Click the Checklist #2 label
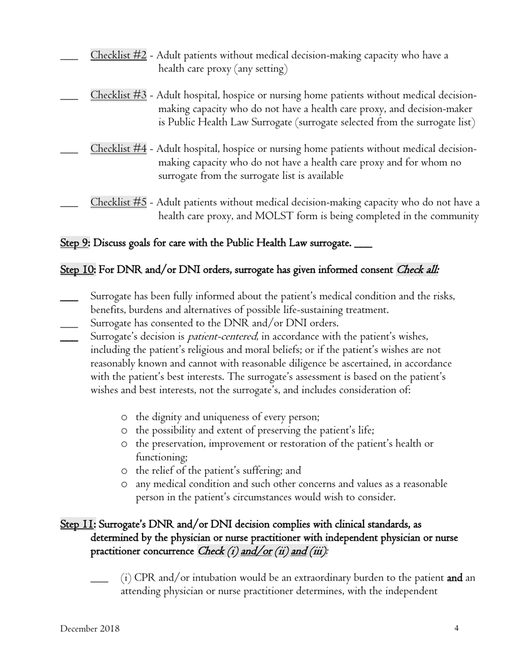118,55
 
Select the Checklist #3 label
118,95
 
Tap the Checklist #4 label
118,149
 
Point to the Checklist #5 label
118,202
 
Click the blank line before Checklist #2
69,59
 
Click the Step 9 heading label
75,243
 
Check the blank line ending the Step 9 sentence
363,247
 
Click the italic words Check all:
417,270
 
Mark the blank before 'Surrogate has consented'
69,327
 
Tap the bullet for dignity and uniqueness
125,417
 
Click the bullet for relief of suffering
125,471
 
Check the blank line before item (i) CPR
99,582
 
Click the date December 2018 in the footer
90,628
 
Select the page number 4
456,628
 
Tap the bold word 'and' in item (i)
455,578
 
